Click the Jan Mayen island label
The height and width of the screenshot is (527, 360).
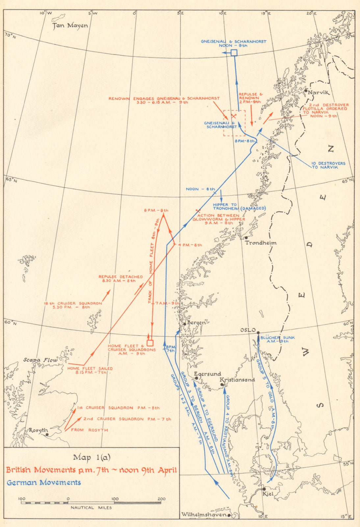click(70, 25)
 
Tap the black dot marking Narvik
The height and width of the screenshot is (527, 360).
click(306, 91)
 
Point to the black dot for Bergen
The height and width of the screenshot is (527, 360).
click(185, 324)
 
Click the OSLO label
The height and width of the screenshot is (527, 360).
click(248, 330)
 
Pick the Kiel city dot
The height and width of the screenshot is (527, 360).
click(264, 489)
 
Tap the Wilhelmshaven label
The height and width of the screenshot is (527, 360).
click(204, 514)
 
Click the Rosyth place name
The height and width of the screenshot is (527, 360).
click(38, 430)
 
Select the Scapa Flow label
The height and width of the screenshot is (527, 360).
click(41, 360)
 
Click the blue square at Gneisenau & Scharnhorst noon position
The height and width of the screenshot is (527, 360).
click(234, 53)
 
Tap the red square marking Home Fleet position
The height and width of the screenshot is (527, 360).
click(150, 343)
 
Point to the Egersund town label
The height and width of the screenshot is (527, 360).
click(207, 374)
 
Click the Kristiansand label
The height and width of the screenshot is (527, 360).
click(237, 379)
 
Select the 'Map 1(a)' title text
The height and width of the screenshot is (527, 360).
click(92, 457)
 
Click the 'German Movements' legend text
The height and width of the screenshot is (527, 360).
click(44, 483)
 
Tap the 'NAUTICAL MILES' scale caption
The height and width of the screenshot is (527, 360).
click(91, 508)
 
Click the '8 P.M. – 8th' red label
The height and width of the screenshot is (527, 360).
click(156, 210)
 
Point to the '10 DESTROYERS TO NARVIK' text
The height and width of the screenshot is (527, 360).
click(329, 165)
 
